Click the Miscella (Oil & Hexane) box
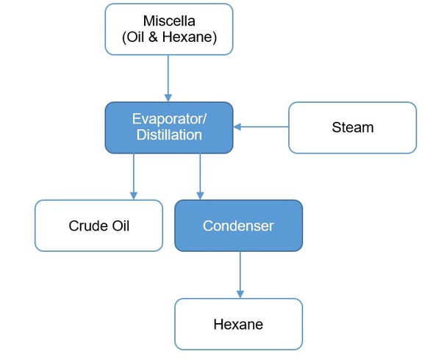(x=168, y=29)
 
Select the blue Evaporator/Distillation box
(x=168, y=127)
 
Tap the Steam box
(x=352, y=127)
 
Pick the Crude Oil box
(x=98, y=225)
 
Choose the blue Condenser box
(x=238, y=225)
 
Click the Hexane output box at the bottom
(x=238, y=324)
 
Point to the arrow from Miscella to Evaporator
(x=168, y=77)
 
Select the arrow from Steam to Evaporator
(x=261, y=127)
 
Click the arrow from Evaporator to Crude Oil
(x=133, y=176)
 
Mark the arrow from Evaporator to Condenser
(x=200, y=176)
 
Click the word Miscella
(x=168, y=21)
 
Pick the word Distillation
(x=168, y=136)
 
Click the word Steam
(x=352, y=127)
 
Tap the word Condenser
(x=238, y=225)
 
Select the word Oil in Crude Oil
(x=118, y=225)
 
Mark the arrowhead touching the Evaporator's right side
(x=237, y=127)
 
